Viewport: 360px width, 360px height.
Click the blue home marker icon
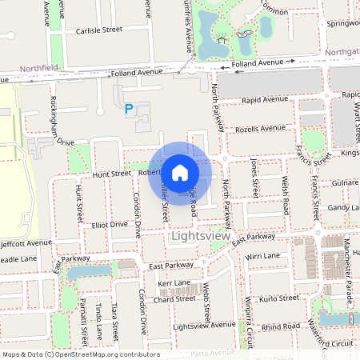tap(180, 172)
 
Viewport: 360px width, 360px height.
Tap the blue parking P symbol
tap(130, 109)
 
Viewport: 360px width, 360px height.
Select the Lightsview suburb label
tap(201, 237)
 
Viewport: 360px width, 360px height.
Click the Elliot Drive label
tap(109, 226)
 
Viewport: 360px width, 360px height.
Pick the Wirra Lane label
tap(263, 256)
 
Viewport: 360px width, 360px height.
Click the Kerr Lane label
tap(174, 283)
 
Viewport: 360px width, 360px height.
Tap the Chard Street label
tap(174, 298)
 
